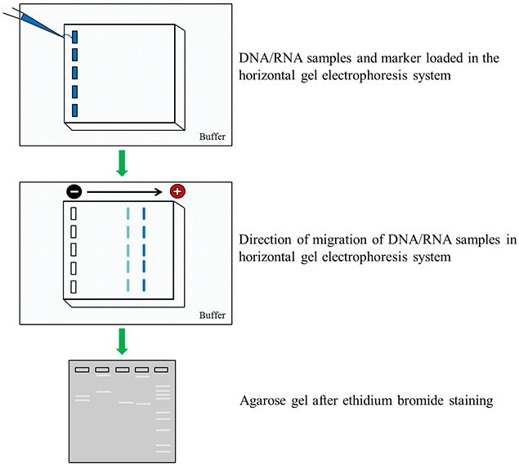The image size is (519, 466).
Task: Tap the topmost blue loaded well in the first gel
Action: point(74,37)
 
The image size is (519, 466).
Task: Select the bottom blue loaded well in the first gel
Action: point(74,110)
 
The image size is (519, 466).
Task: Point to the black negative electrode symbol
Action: point(74,192)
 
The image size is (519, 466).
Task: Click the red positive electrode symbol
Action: point(177,192)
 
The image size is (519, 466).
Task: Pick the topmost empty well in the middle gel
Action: point(74,214)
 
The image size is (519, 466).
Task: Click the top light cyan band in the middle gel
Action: point(128,214)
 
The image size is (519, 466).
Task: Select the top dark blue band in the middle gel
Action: point(144,214)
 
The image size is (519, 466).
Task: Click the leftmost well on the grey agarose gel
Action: point(82,370)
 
